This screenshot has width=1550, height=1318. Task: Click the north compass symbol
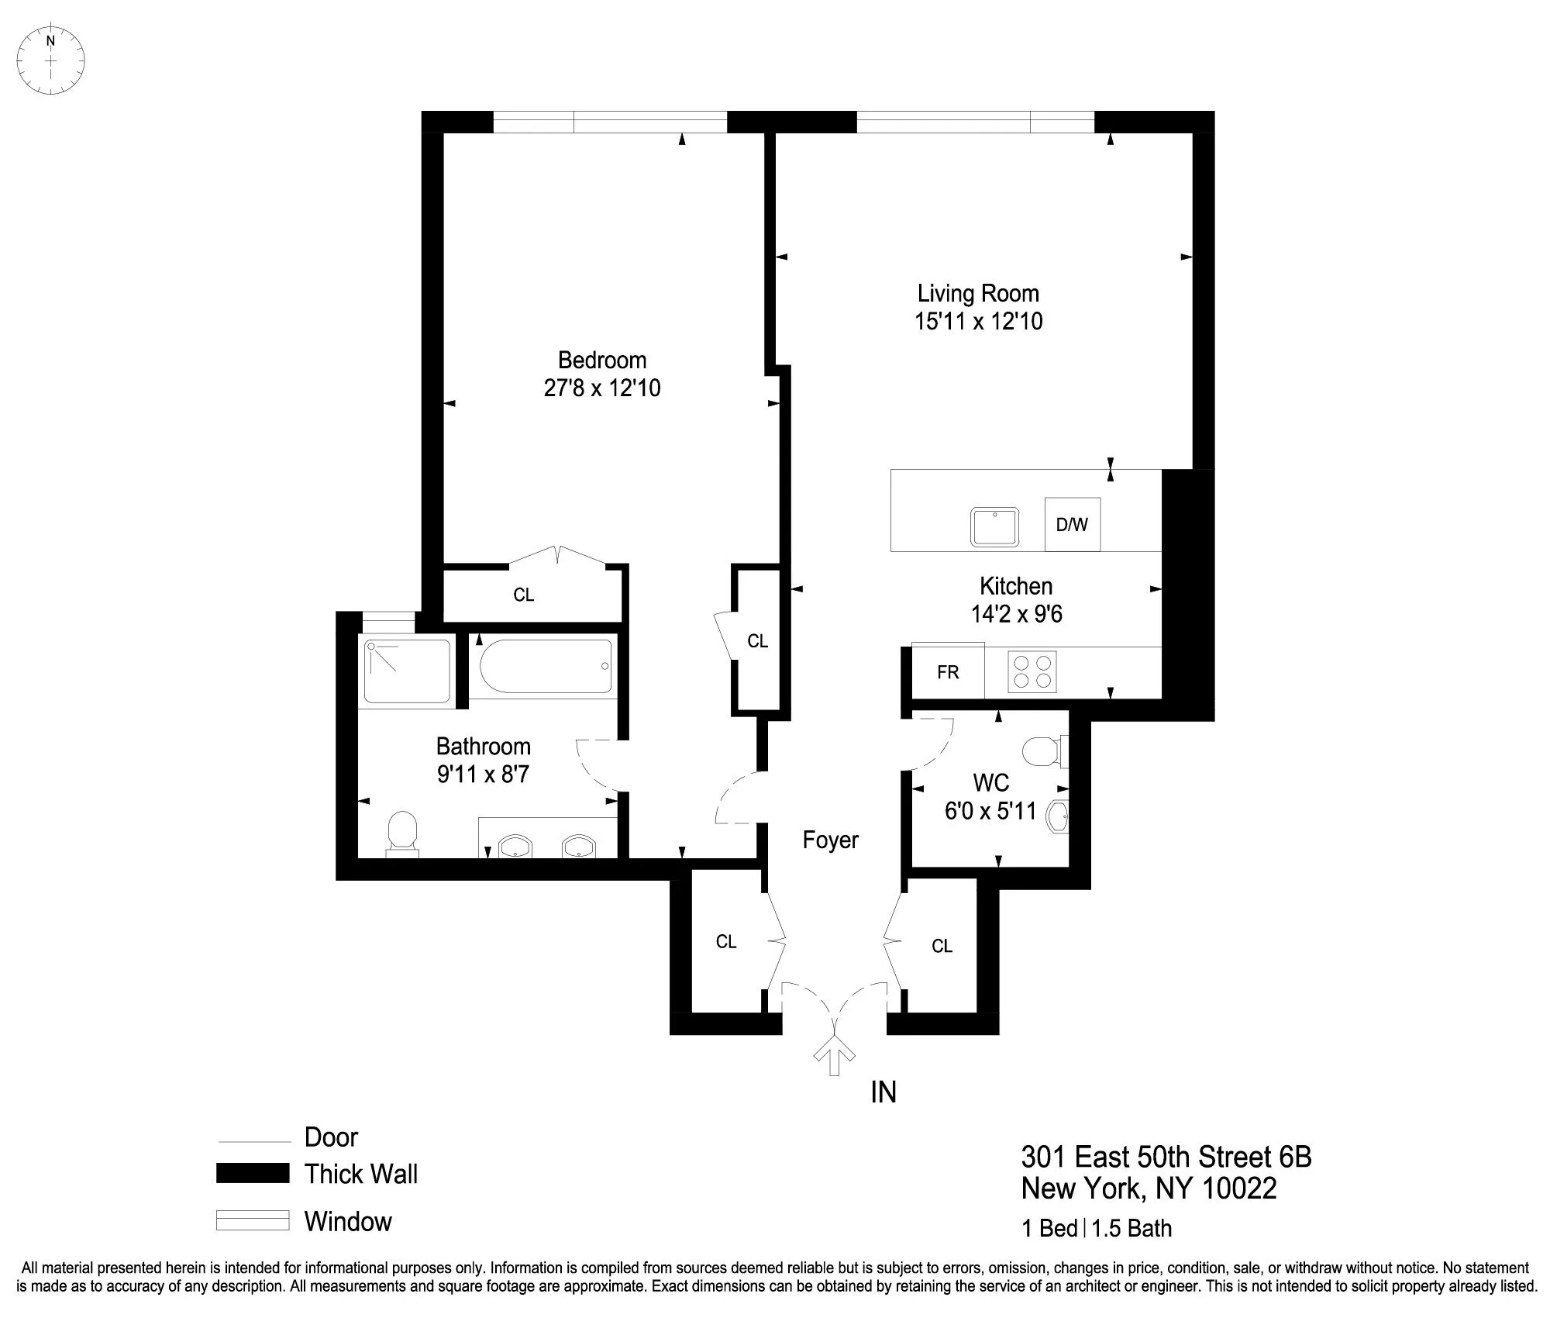[51, 60]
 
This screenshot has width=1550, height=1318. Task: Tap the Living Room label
[978, 293]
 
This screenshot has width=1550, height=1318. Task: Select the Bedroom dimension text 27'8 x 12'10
[602, 388]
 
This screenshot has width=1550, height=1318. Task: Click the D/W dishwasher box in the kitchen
[1072, 525]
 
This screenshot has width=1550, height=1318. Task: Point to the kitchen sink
[995, 527]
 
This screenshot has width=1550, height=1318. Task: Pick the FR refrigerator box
[948, 672]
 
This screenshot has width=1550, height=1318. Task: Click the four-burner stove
[1032, 671]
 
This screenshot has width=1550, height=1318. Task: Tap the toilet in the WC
[1042, 750]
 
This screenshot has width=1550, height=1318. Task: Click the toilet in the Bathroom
[401, 833]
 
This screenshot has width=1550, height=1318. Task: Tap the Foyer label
[830, 840]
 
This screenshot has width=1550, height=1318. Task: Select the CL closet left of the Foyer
[726, 941]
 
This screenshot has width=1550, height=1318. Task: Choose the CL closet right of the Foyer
[942, 946]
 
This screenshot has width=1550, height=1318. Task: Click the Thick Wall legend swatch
[253, 1173]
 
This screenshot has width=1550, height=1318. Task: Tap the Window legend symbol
[253, 1220]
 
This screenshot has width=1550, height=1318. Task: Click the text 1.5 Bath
[1132, 1229]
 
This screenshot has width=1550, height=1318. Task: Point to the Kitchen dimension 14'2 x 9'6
[1016, 614]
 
